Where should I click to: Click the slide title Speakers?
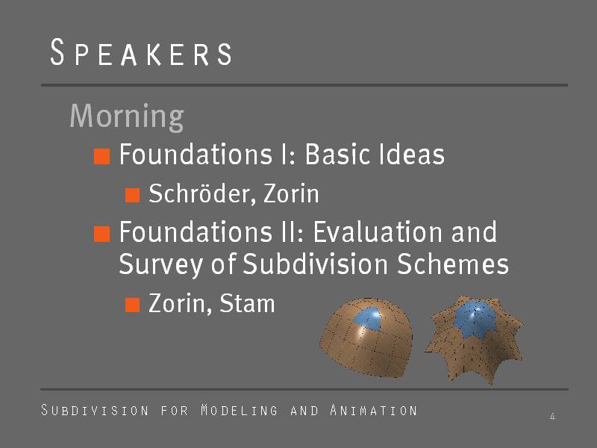pos(141,52)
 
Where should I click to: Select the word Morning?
pos(127,116)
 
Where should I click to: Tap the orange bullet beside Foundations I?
pos(102,156)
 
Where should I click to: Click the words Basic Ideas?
pos(375,154)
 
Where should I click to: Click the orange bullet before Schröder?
pos(133,195)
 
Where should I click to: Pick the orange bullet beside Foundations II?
pos(102,234)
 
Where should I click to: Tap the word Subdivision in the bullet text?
pos(315,264)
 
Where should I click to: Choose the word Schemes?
pos(453,264)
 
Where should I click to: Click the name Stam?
pos(247,303)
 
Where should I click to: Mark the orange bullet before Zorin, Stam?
pos(133,305)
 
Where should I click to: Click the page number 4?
pos(552,416)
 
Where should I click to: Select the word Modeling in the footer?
pos(239,410)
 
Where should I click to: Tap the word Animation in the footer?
pos(374,410)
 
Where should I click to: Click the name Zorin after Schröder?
pos(291,193)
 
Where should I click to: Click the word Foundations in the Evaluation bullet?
pos(196,231)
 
